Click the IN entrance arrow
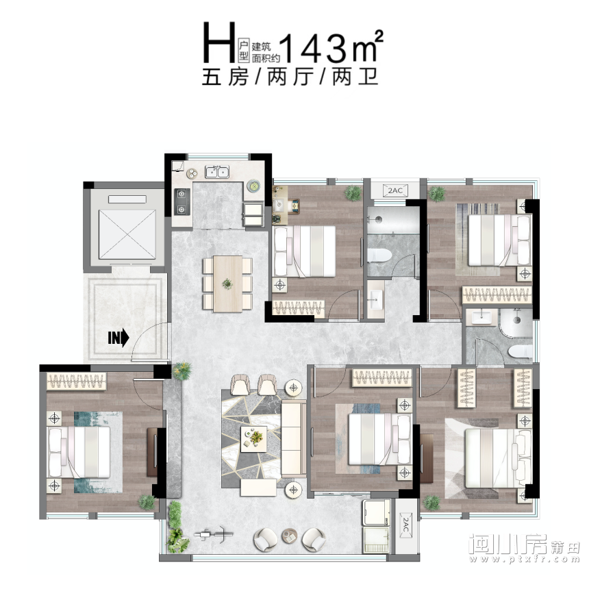click(x=118, y=338)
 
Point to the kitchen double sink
click(x=217, y=172)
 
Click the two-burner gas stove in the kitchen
click(x=182, y=201)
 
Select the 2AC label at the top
click(x=394, y=190)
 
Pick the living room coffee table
click(x=254, y=439)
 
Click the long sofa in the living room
click(x=293, y=439)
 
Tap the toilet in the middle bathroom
click(x=379, y=255)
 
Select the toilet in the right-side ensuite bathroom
click(x=521, y=351)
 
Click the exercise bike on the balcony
click(x=212, y=534)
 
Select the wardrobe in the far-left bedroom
click(x=77, y=381)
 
